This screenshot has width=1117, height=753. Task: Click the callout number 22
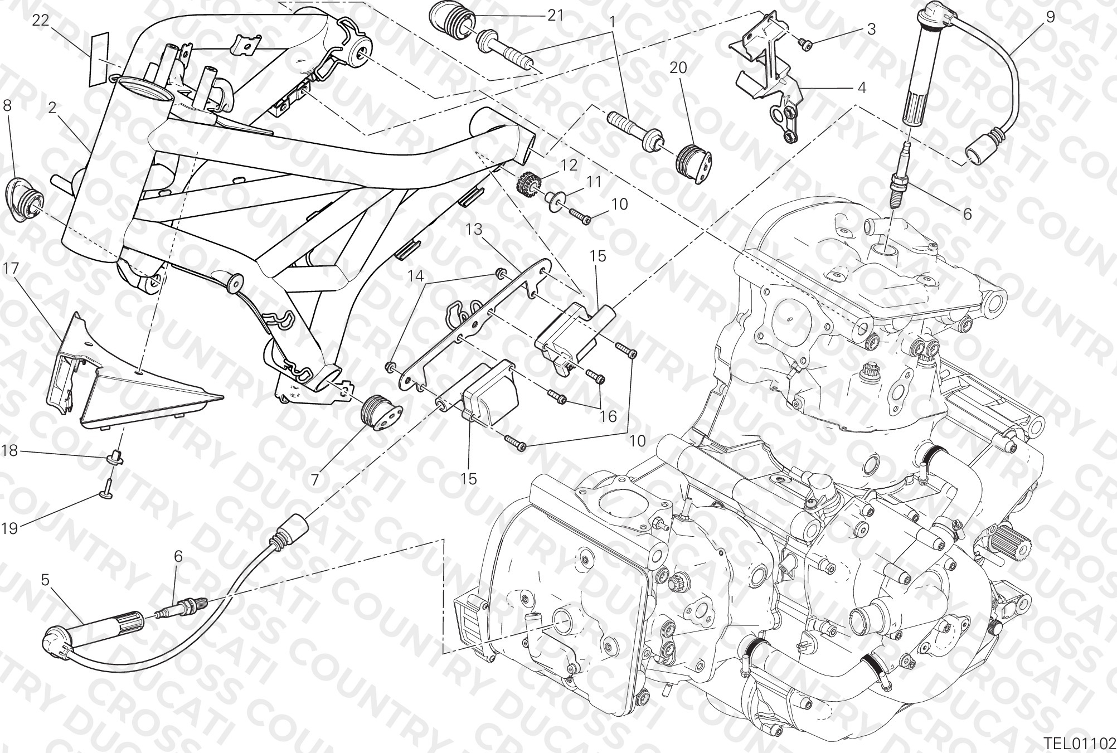[40, 20]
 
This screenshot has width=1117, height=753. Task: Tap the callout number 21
[556, 16]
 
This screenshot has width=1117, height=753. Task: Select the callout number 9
[1050, 16]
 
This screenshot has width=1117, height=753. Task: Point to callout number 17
[11, 269]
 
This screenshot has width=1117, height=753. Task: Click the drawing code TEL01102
[1080, 743]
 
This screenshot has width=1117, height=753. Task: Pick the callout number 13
[474, 229]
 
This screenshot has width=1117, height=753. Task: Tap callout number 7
[315, 479]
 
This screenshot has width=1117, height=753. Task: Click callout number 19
[9, 527]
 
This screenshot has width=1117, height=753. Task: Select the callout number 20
[678, 67]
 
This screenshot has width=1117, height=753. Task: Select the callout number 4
[861, 88]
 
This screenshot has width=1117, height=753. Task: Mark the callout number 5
[45, 580]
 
